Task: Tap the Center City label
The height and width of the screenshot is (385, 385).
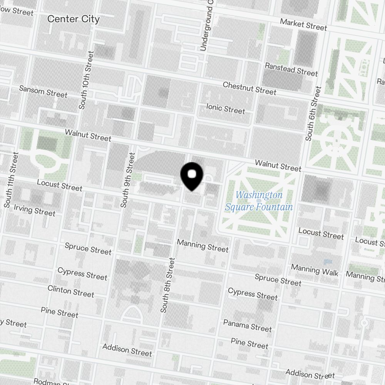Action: tap(73, 19)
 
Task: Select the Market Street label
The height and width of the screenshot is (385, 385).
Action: tap(303, 25)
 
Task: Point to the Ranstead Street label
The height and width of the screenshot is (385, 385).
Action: tap(291, 70)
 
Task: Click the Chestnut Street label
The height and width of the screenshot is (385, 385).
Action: tap(249, 88)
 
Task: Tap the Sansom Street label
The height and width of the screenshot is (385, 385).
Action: tap(43, 92)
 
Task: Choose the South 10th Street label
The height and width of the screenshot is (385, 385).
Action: tap(86, 80)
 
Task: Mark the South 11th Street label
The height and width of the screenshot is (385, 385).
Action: tap(11, 180)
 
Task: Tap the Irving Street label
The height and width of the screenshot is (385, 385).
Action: tap(35, 210)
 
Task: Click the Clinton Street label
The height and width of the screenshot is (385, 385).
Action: tap(71, 291)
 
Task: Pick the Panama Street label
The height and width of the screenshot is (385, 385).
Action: tap(248, 325)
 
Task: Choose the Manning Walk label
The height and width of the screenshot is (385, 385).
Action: tap(315, 270)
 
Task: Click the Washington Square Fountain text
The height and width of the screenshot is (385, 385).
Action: tap(259, 201)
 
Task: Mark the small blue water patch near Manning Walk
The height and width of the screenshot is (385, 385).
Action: tap(328, 261)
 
